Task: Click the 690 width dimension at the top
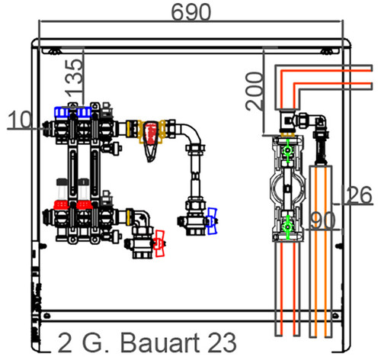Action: tap(191, 12)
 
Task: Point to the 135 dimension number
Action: tap(74, 79)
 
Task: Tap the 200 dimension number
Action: tap(255, 92)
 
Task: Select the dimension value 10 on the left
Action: tap(20, 120)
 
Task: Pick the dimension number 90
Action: tap(323, 220)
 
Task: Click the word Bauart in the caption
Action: tap(160, 342)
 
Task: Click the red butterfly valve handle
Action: tap(159, 243)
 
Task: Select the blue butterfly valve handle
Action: tap(212, 221)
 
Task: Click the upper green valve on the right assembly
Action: tap(287, 150)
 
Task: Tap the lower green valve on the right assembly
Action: tap(287, 227)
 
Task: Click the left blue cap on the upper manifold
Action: tap(62, 112)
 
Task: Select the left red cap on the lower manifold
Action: tap(61, 204)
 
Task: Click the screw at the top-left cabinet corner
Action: tap(55, 51)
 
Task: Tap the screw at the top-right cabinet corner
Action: tap(326, 51)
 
